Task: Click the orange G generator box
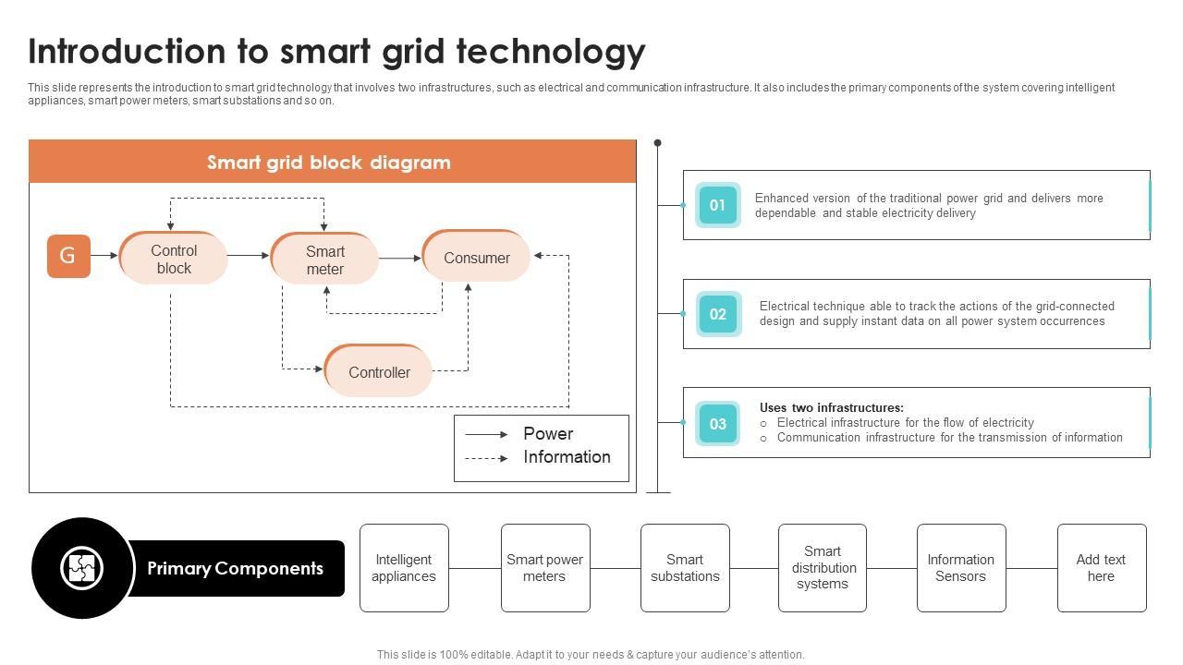tap(68, 256)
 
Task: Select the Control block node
tap(173, 258)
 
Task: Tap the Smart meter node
tap(324, 259)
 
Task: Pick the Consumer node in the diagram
tap(476, 256)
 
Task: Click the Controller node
tap(378, 370)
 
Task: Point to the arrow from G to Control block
tap(104, 256)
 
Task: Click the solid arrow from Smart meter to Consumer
tap(400, 258)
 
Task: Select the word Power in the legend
tap(548, 433)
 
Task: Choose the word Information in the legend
tap(567, 456)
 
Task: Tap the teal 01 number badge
tap(718, 205)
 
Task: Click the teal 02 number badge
tap(718, 314)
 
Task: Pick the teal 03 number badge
tap(718, 423)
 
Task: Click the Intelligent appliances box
tap(404, 568)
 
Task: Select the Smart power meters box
tap(545, 568)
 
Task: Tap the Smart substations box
tap(685, 568)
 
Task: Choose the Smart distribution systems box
tap(823, 568)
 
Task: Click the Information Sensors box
tap(961, 568)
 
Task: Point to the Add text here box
tap(1102, 568)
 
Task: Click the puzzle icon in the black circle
tap(81, 568)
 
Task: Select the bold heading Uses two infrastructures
tap(831, 407)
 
